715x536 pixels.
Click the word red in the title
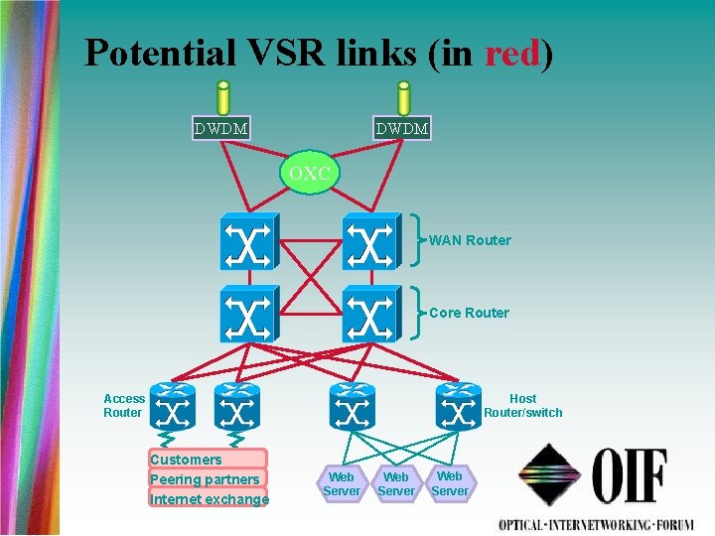510,53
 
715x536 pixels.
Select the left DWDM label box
221,128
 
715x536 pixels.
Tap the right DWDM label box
402,128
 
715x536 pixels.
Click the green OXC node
310,174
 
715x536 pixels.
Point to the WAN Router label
470,240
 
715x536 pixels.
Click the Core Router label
469,313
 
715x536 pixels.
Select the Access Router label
124,405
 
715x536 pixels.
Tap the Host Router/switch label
522,405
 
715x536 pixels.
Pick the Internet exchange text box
209,498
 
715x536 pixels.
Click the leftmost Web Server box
342,483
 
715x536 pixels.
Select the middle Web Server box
396,483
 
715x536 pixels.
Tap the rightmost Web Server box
449,482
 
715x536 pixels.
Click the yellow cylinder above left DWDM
223,97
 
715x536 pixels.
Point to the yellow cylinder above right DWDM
404,97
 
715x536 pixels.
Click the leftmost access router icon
173,407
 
